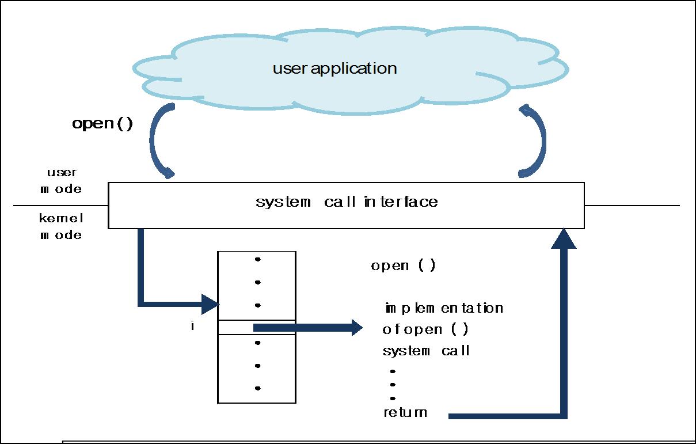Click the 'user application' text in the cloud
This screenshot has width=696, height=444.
[x=334, y=69]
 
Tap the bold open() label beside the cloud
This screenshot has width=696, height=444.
[x=102, y=124]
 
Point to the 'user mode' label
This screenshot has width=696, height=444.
[x=61, y=181]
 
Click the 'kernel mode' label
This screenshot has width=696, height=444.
[x=61, y=226]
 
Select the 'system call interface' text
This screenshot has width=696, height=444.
[x=347, y=202]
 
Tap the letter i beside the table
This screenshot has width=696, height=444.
[x=192, y=327]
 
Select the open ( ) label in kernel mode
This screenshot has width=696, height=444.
[x=403, y=266]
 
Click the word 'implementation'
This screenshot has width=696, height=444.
[x=444, y=308]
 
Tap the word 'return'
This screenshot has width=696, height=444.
[x=405, y=412]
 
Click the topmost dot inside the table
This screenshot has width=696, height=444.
[x=257, y=260]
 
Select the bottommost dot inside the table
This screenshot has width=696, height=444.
[x=257, y=388]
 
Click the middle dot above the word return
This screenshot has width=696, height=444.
[x=393, y=385]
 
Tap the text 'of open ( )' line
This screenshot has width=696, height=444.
[x=425, y=329]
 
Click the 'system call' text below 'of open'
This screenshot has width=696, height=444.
[x=426, y=351]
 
